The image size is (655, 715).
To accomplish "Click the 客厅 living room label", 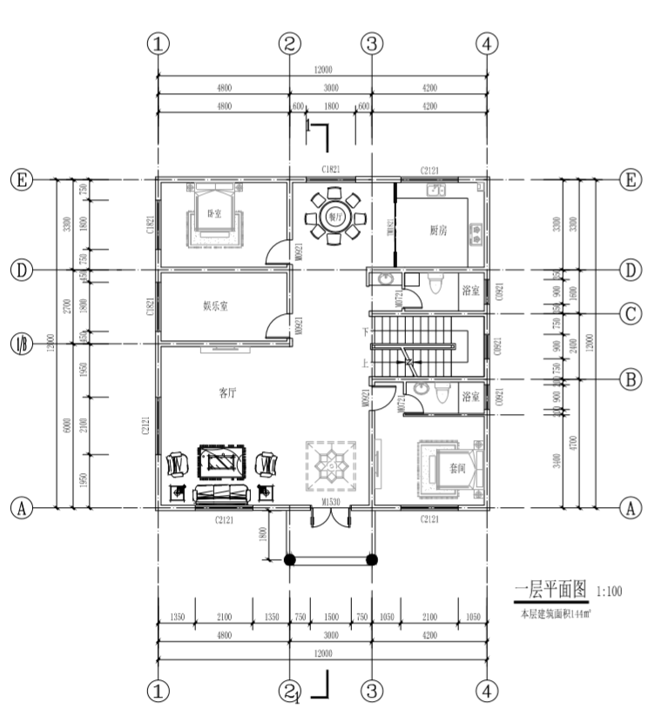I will click(x=227, y=392).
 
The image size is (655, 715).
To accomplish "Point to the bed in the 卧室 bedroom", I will click(x=212, y=216).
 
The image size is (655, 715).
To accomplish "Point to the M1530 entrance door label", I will click(x=330, y=503).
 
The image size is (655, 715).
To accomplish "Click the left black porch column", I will click(x=290, y=559).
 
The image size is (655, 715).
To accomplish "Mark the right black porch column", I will click(x=372, y=559).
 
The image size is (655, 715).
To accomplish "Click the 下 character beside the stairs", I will click(x=365, y=331).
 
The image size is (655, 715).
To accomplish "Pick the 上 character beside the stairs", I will click(x=365, y=364).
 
